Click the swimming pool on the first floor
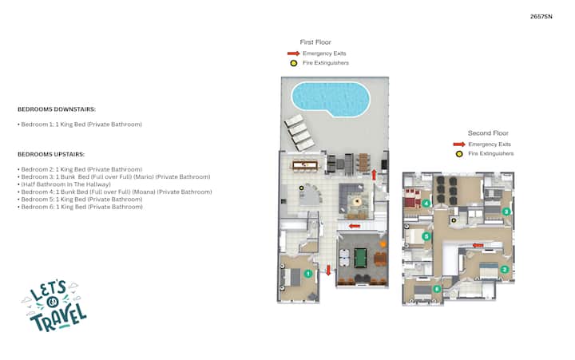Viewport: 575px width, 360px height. [x=331, y=99]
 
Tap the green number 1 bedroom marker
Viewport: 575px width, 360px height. [x=308, y=274]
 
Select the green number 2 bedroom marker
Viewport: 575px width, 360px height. [x=504, y=270]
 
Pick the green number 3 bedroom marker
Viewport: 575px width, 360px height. [x=506, y=212]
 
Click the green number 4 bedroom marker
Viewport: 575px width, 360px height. [x=426, y=203]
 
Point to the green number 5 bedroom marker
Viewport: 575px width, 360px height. [x=426, y=236]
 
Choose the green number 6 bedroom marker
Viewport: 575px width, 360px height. [x=437, y=289]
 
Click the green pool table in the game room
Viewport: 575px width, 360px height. [x=360, y=258]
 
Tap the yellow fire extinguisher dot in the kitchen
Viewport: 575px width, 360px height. [x=301, y=188]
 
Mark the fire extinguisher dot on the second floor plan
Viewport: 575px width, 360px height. [x=454, y=220]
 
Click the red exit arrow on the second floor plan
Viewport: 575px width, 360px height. [x=478, y=245]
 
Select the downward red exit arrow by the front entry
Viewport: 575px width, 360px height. [x=328, y=271]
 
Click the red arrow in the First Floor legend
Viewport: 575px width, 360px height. [x=293, y=53]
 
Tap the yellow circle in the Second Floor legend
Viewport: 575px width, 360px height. [x=459, y=154]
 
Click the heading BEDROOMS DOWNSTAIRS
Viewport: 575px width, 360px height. [x=57, y=109]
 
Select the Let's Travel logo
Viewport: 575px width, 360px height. [x=54, y=306]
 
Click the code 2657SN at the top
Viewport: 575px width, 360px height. [x=541, y=17]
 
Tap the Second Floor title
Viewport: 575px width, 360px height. [x=488, y=133]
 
